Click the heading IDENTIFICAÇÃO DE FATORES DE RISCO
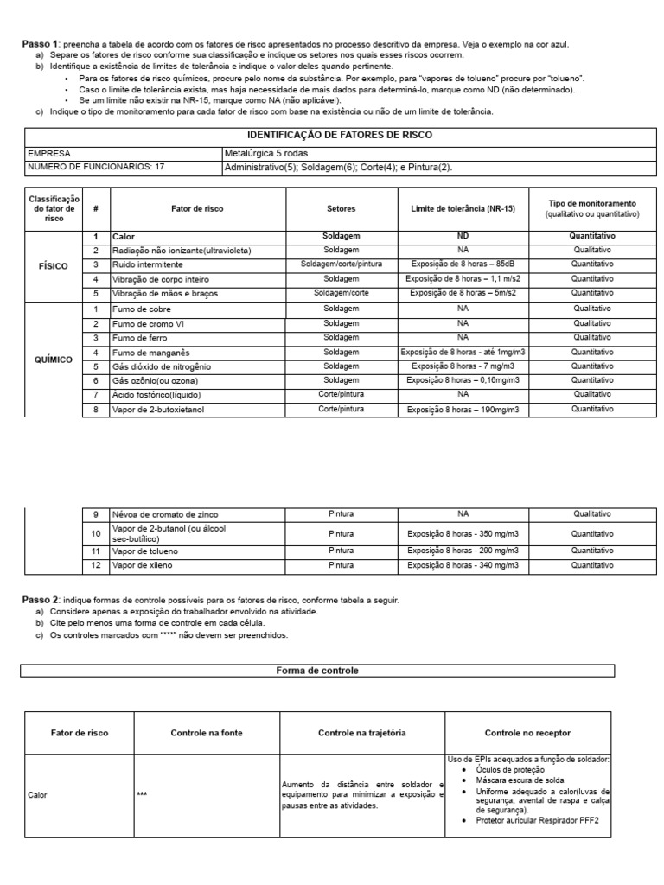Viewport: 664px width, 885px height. point(340,136)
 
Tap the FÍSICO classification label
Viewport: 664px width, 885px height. point(54,266)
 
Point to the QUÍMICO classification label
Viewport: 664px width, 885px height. point(54,359)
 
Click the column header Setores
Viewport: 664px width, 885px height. point(341,208)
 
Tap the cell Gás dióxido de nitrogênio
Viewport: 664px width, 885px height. point(162,366)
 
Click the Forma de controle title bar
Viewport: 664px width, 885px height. point(316,671)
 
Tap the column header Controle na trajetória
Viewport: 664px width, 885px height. point(361,733)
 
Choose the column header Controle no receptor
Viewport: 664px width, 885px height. point(527,733)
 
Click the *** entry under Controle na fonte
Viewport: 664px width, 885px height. point(143,794)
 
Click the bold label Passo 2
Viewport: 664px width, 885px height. point(39,600)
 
